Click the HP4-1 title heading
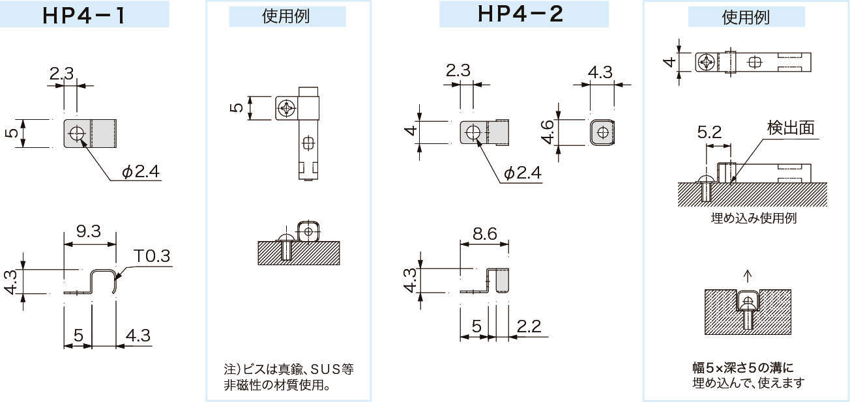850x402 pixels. tap(84, 15)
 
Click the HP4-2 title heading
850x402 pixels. tap(520, 14)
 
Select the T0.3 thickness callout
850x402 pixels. tap(152, 256)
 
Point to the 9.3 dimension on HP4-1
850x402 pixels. tap(88, 231)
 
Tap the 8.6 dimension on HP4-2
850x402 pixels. tap(483, 233)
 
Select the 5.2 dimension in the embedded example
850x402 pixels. tap(709, 133)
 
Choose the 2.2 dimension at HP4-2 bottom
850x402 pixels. tap(528, 326)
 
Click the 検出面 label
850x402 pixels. tap(791, 128)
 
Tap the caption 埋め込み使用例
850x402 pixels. tap(753, 218)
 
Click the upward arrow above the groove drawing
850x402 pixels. tap(748, 274)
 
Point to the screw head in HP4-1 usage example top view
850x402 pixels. tap(286, 108)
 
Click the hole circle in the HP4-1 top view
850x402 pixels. tap(78, 133)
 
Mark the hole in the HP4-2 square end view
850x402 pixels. tap(604, 132)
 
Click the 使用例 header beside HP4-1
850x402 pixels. tap(287, 17)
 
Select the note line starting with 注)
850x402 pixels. tap(289, 369)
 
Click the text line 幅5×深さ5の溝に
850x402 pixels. tap(743, 367)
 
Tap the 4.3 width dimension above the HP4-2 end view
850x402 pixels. tap(600, 72)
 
